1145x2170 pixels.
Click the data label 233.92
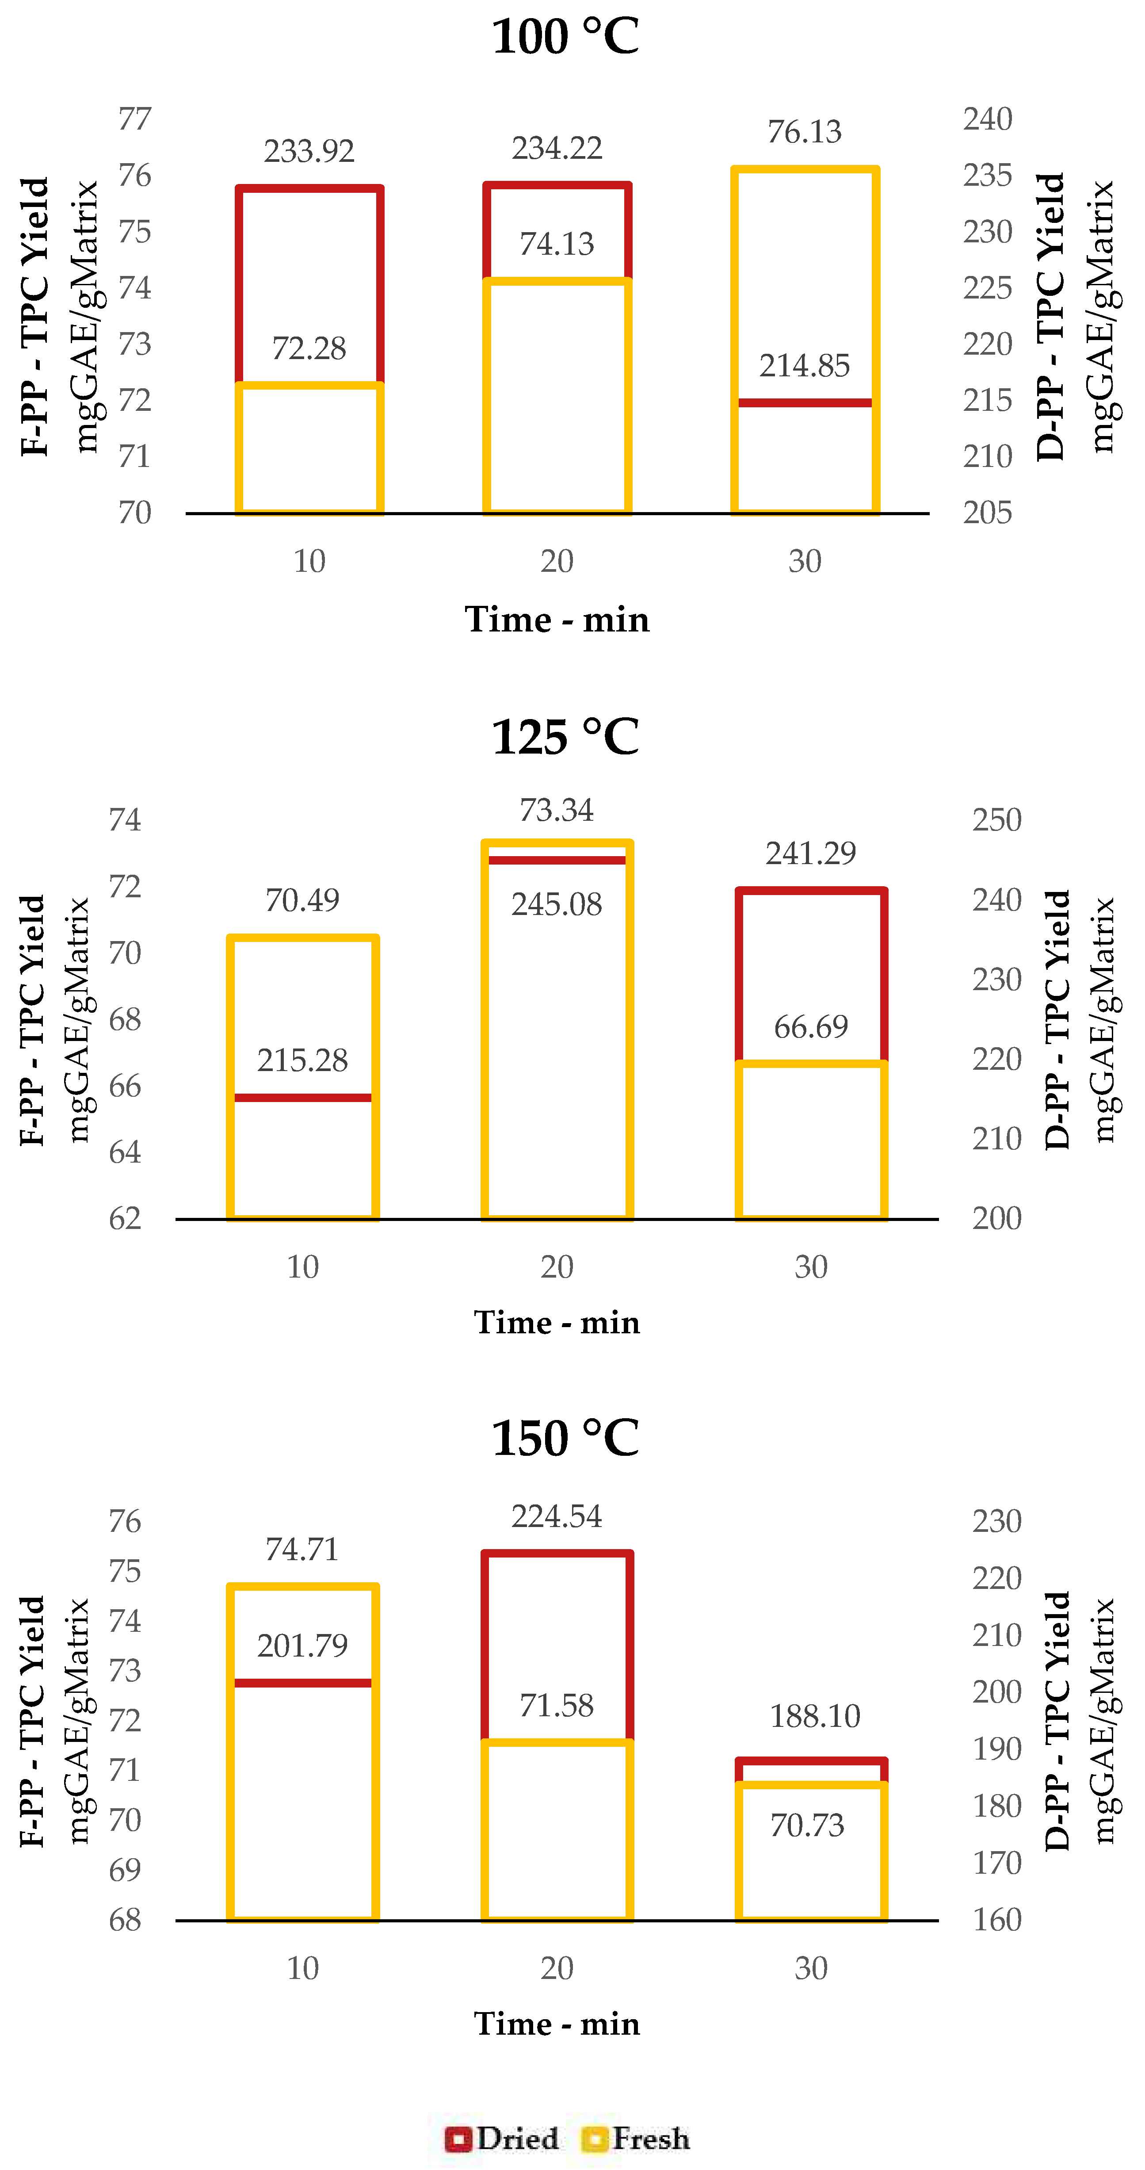[x=309, y=152]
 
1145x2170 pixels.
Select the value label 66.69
[x=811, y=1027]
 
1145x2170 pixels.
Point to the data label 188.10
[x=814, y=1716]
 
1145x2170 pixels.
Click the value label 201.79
[x=302, y=1645]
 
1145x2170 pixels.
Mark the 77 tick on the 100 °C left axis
[x=135, y=119]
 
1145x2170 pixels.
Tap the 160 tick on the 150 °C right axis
[x=997, y=1920]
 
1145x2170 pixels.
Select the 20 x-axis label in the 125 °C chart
[x=557, y=1267]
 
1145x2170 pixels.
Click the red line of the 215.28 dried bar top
[x=302, y=1098]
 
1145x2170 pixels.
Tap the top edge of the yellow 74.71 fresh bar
[x=302, y=1588]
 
